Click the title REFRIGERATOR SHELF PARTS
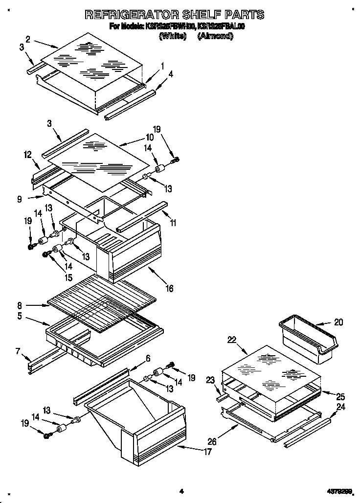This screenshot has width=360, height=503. click(175, 14)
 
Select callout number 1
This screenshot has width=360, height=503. click(162, 66)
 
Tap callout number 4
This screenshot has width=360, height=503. click(170, 75)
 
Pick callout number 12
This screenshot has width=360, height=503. click(27, 155)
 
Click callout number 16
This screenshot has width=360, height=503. click(169, 288)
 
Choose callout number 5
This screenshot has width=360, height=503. click(19, 316)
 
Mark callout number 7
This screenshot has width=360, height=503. click(18, 351)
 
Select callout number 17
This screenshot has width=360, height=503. click(208, 452)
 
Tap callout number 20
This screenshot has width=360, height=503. click(338, 322)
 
